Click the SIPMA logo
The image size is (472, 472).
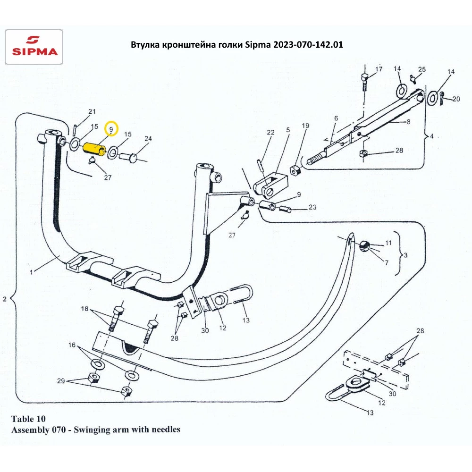click(x=34, y=47)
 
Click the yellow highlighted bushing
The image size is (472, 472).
click(x=94, y=149)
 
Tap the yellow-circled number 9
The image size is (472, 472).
click(x=111, y=129)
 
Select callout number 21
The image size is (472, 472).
click(x=92, y=111)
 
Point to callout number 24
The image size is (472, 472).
click(x=148, y=138)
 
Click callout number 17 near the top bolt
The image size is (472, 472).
click(x=379, y=69)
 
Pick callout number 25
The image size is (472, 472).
click(x=422, y=69)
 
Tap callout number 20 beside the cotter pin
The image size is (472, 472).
click(x=456, y=99)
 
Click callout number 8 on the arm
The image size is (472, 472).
click(x=408, y=122)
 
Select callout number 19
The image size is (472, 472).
click(x=305, y=126)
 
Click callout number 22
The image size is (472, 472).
click(x=270, y=132)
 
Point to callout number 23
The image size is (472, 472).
click(x=312, y=207)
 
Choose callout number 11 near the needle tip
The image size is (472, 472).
click(x=388, y=243)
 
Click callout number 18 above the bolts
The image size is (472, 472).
click(x=85, y=309)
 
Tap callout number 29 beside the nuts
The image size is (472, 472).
click(x=61, y=381)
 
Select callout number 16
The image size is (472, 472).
click(x=72, y=345)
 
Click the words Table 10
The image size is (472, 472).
click(x=28, y=419)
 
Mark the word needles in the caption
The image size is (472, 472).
click(x=166, y=429)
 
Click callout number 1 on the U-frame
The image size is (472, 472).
click(x=32, y=272)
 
